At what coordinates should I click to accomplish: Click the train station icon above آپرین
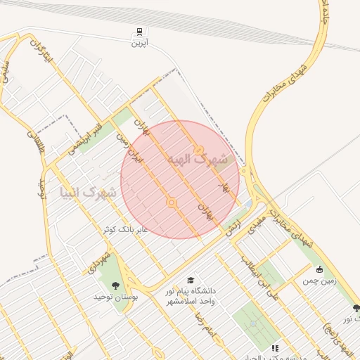click(x=139, y=32)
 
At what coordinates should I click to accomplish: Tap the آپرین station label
click(x=139, y=44)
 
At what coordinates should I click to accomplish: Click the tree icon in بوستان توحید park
click(x=115, y=285)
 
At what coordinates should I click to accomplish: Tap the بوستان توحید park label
click(x=117, y=297)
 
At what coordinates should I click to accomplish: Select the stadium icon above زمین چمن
click(x=320, y=269)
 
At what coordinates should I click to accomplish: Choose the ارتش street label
click(x=233, y=226)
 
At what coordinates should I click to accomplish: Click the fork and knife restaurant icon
click(x=275, y=348)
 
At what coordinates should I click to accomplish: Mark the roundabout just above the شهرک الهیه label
click(x=200, y=149)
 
